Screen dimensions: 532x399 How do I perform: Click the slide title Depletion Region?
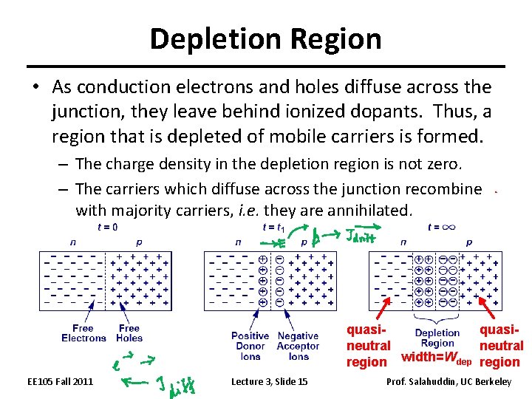pos(265,38)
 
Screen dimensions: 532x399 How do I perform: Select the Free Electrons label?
pos(83,333)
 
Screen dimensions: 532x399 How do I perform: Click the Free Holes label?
pos(129,333)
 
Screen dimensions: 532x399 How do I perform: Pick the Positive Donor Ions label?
pos(250,346)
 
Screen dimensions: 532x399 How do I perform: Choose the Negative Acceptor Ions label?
pos(299,346)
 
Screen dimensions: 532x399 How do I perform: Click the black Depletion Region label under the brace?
pos(437,338)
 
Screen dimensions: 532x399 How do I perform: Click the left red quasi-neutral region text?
pos(368,346)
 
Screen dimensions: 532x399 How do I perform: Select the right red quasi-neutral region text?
pos(501,346)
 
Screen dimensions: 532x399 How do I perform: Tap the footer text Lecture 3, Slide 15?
pos(270,381)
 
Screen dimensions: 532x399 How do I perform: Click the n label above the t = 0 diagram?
pos(72,242)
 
